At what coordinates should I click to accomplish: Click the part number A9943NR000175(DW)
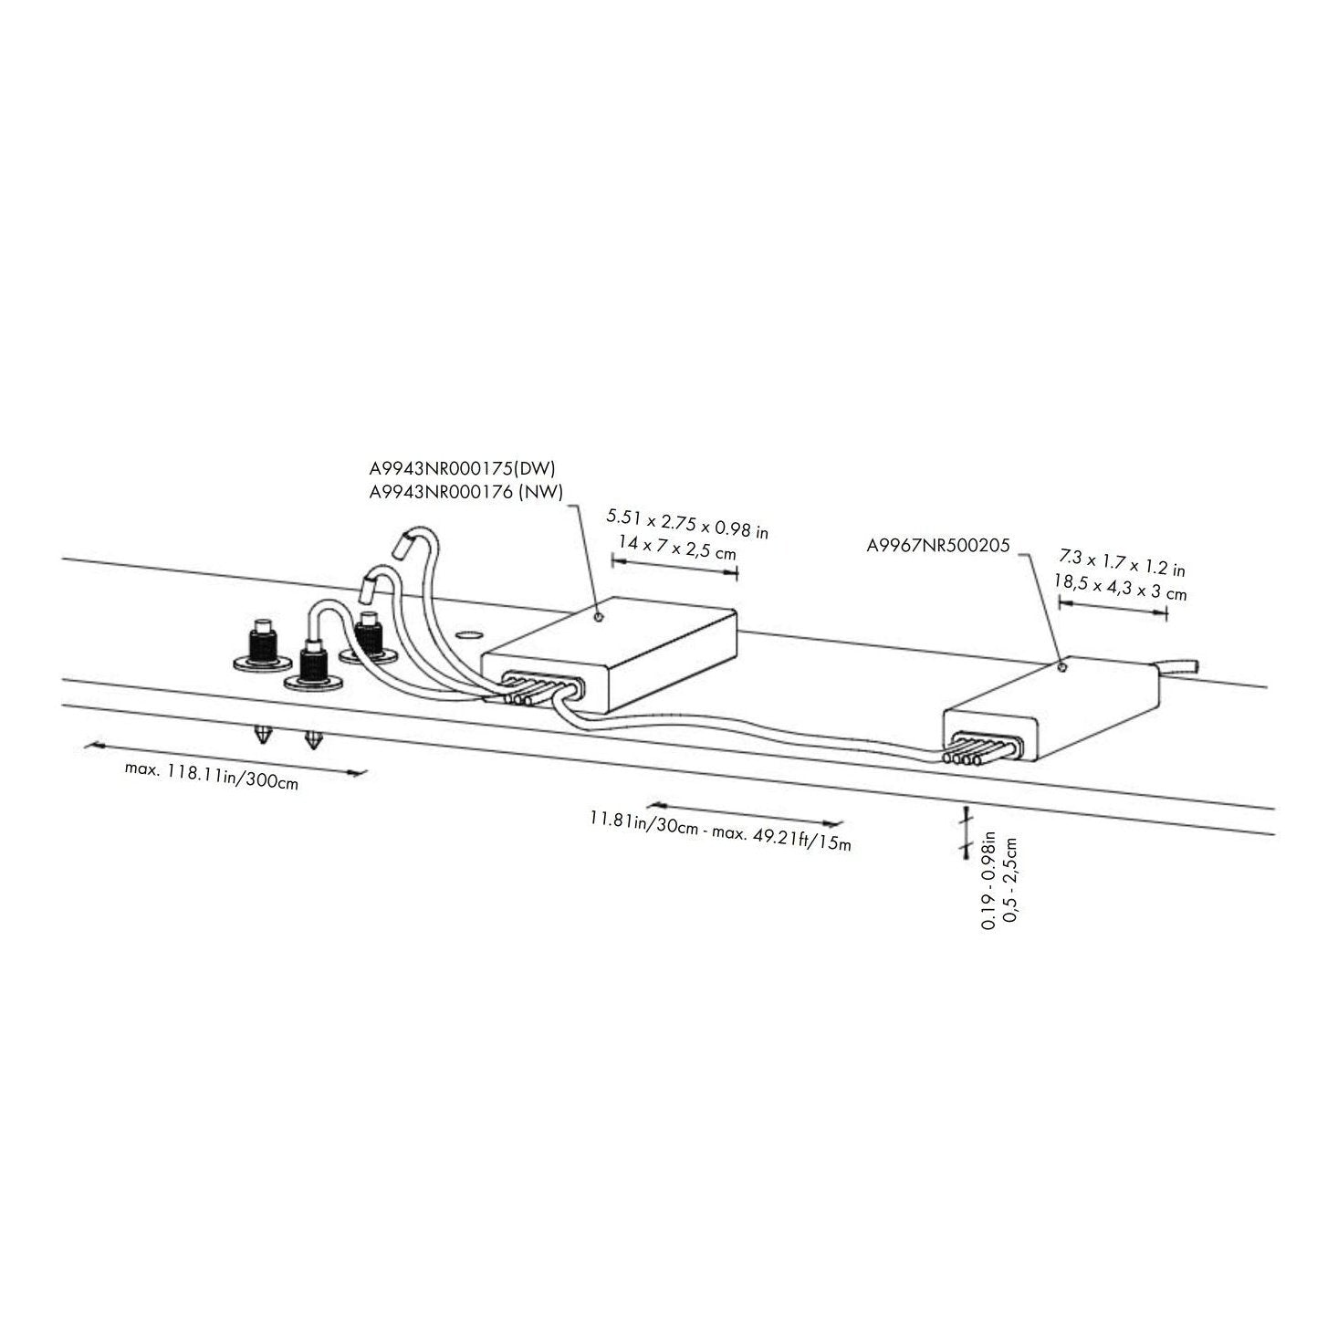[462, 468]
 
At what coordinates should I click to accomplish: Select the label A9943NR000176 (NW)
[465, 491]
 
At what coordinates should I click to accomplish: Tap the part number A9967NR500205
[937, 547]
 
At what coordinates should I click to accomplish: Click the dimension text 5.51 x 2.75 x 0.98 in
[687, 524]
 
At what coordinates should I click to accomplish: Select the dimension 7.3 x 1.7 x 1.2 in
[1122, 562]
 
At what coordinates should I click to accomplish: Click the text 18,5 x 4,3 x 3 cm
[1120, 586]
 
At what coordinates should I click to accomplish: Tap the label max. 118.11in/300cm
[212, 775]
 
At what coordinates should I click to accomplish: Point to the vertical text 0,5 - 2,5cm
[1009, 882]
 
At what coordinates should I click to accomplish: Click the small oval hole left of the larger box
[467, 633]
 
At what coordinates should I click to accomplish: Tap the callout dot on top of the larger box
[598, 616]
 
